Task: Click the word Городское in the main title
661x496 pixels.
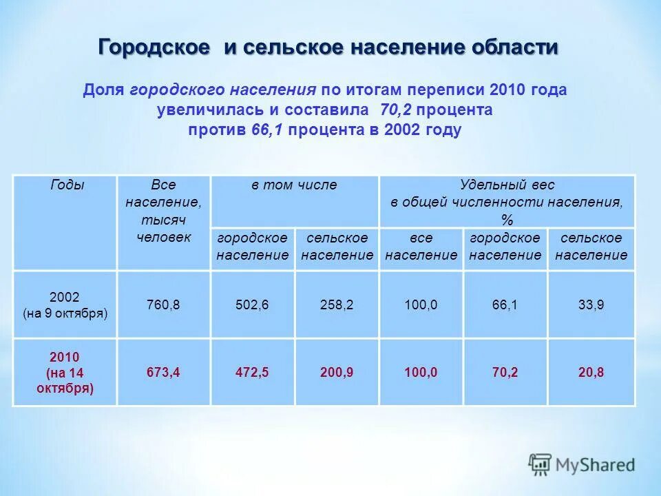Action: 154,48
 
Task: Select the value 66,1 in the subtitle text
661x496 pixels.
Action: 267,130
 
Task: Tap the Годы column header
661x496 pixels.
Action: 67,185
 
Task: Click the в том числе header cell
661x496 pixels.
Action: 294,185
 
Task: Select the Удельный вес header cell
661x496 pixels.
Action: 507,201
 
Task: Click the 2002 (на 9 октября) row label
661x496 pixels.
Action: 65,304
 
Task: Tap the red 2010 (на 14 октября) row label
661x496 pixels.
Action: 65,372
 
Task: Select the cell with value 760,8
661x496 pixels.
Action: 163,304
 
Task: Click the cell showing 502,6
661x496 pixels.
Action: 252,304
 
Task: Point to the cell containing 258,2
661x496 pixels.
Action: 337,304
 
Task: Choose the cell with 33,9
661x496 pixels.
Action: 591,304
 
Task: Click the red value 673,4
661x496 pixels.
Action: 163,372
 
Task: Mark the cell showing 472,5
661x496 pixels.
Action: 252,372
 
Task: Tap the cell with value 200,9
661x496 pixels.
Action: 337,372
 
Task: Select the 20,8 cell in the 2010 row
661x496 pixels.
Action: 591,372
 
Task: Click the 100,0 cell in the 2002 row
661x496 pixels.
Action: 421,304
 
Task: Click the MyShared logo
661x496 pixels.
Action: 582,464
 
